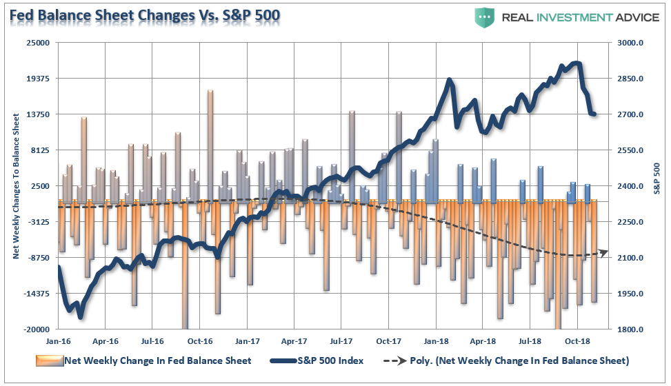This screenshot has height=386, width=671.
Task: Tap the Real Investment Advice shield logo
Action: tap(485, 17)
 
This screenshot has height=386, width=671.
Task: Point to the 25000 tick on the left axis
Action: tap(40, 43)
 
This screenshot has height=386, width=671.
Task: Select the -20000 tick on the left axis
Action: tap(39, 329)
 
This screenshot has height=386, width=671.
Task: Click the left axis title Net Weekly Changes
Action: tap(16, 187)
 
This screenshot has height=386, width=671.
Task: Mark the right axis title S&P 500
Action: tap(657, 178)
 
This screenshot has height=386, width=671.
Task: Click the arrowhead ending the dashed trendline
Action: tap(604, 253)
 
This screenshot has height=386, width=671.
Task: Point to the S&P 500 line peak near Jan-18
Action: tap(450, 80)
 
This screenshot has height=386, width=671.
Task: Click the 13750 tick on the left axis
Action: tap(40, 114)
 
